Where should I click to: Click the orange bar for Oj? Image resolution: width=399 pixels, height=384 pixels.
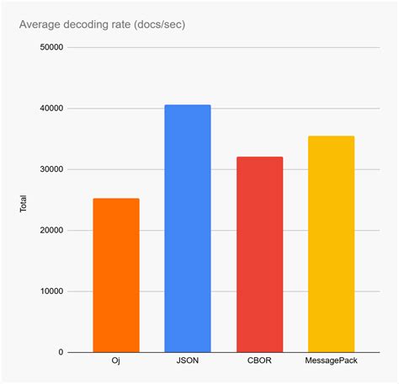[115, 275]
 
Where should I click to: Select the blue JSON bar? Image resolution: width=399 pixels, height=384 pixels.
[187, 228]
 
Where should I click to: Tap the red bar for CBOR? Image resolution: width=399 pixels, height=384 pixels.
[259, 254]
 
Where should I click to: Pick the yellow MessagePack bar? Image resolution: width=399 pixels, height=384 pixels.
[331, 244]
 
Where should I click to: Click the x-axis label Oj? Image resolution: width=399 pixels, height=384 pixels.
[115, 364]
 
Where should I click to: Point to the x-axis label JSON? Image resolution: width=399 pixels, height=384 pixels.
[187, 364]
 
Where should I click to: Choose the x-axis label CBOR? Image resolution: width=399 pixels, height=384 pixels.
[259, 364]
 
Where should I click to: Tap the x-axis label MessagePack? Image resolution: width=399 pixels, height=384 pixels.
[331, 364]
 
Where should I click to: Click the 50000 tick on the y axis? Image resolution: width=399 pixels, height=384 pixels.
[51, 48]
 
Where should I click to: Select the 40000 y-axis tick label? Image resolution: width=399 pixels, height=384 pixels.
[51, 109]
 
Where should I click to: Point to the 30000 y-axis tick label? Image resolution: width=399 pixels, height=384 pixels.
[51, 169]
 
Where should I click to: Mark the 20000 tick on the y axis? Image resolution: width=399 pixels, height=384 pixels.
[51, 231]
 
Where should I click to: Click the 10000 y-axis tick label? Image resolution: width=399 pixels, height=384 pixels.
[51, 291]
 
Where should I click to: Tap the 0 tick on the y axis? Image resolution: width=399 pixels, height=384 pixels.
[61, 352]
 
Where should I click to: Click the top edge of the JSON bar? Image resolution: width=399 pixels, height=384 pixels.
[187, 105]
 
